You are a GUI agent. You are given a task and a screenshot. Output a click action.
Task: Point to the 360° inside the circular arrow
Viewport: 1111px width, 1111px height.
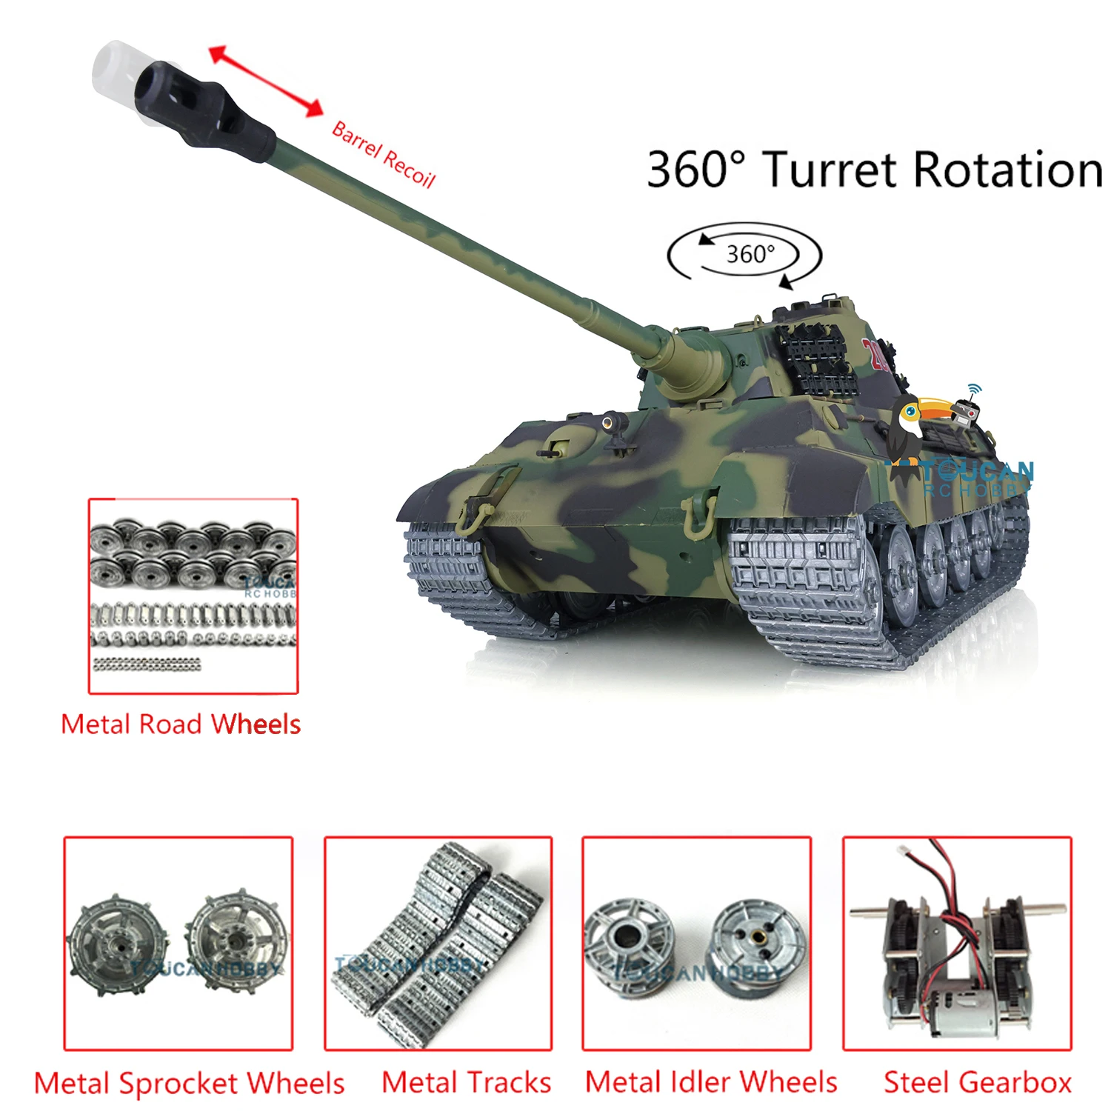(750, 255)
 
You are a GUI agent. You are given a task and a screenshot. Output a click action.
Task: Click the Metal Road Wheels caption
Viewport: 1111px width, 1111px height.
(181, 724)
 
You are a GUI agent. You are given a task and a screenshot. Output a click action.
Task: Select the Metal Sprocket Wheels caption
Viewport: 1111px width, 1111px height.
(190, 1084)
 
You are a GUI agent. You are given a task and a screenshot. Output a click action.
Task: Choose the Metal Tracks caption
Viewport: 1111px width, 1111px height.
(467, 1083)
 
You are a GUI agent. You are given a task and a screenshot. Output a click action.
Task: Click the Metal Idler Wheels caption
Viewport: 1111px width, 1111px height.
(711, 1082)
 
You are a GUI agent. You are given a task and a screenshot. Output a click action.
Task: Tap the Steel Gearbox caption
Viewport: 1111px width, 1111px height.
(978, 1083)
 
